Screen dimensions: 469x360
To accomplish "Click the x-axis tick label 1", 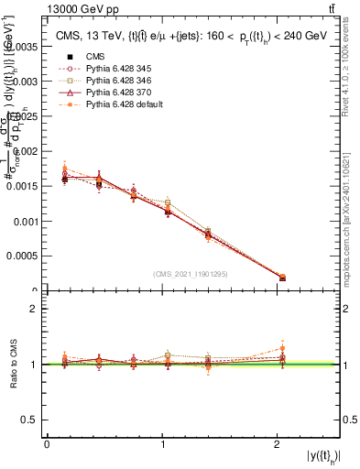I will tap(163, 443).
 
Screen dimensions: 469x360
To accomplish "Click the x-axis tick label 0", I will tap(47, 443).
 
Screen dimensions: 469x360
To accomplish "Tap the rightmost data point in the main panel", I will tap(282, 278).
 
